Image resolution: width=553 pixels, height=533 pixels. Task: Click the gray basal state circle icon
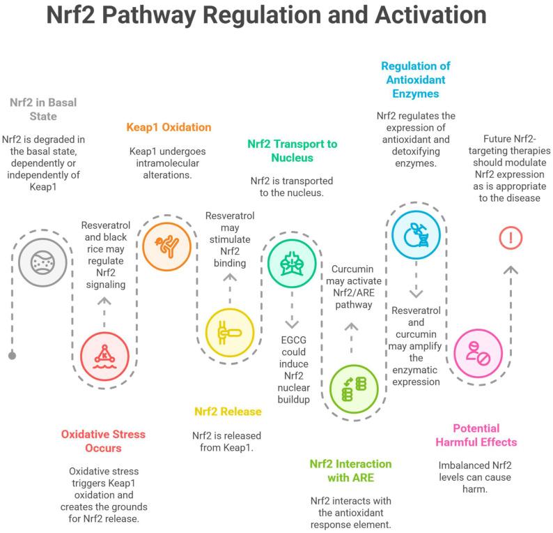point(42,262)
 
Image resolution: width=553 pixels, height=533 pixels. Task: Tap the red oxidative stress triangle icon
point(104,356)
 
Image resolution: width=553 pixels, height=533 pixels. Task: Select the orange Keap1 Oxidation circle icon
point(166,246)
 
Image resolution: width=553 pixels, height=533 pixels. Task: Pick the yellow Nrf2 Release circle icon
point(230,332)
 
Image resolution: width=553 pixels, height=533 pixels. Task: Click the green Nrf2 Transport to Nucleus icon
point(292,264)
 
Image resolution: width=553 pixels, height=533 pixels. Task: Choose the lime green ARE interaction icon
point(354,389)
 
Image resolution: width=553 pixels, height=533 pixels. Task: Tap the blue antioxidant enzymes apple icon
point(416,235)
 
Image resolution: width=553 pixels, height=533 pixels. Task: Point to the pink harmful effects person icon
point(478,354)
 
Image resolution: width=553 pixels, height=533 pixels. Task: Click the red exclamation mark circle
point(511,237)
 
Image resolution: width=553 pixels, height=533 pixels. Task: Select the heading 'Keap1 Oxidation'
point(169,127)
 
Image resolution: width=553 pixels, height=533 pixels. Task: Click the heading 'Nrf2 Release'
point(228,412)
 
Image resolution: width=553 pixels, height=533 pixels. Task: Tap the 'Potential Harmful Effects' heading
point(476,435)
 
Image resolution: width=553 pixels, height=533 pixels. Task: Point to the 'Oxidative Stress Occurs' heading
point(103,441)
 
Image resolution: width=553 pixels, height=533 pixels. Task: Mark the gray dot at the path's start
point(12,356)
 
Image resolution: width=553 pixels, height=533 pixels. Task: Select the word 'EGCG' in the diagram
point(293,340)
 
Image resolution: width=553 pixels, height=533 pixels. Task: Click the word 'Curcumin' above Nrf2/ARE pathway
point(352,269)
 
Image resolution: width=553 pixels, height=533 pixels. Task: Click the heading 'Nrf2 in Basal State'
point(43,110)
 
